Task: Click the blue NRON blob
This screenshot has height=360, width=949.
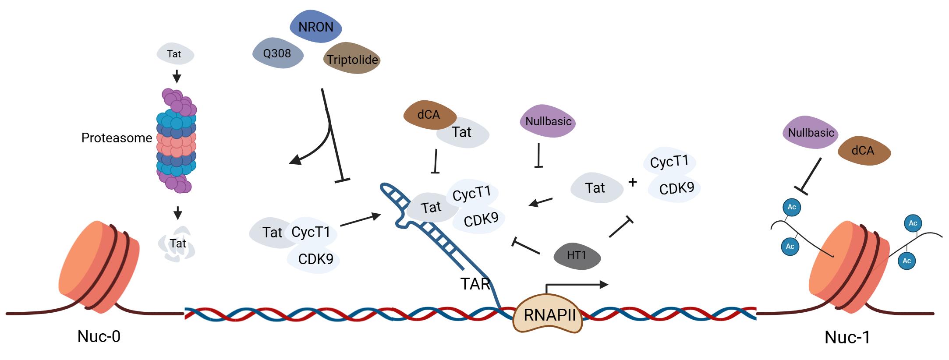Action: [x=315, y=27]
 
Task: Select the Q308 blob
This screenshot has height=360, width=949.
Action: [x=277, y=54]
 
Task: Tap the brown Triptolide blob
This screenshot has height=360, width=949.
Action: [x=352, y=60]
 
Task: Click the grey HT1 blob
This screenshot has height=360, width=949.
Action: [x=577, y=255]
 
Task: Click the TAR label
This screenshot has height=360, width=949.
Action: [x=475, y=284]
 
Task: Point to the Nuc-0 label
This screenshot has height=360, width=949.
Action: [x=99, y=336]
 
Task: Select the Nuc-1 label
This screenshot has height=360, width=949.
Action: [x=847, y=337]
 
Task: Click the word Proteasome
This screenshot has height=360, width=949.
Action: [x=117, y=138]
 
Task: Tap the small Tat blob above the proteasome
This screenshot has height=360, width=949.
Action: [x=174, y=54]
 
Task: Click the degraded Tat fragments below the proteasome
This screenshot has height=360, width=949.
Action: [x=177, y=244]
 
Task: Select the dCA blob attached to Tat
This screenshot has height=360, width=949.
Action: [x=428, y=115]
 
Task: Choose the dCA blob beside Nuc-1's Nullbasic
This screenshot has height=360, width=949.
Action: [x=863, y=151]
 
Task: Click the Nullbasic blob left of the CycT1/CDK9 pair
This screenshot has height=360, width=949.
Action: [x=548, y=121]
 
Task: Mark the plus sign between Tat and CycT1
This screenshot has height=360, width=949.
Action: [x=632, y=182]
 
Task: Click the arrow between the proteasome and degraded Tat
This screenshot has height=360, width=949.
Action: [x=177, y=213]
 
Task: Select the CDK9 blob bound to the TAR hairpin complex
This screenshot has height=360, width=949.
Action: [x=481, y=219]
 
